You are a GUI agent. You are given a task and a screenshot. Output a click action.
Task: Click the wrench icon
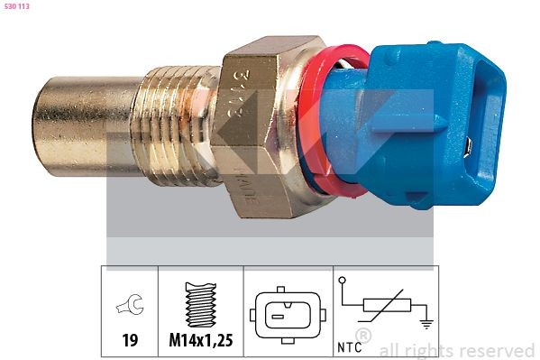click(130, 307)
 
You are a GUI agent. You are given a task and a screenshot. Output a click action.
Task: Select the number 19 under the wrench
click(130, 342)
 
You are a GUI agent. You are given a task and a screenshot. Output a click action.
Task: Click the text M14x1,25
click(200, 342)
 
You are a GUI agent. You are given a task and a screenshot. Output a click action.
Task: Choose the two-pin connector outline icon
click(285, 316)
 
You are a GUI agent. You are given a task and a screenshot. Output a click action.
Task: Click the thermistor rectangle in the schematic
click(385, 309)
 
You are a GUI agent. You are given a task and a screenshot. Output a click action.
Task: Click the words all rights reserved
click(457, 350)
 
